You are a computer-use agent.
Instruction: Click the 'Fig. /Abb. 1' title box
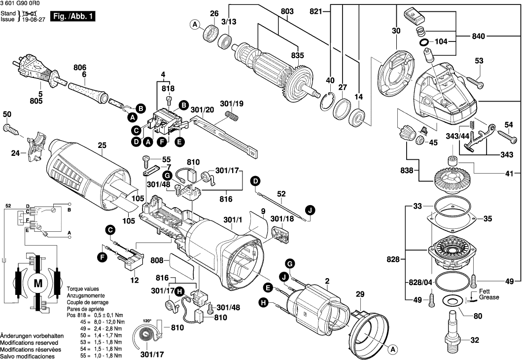coord(73,17)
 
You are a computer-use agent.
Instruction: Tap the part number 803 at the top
coord(287,11)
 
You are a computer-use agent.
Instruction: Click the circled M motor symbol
coord(38,284)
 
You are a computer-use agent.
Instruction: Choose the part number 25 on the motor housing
coord(102,145)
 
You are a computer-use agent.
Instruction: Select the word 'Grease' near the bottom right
coord(489,297)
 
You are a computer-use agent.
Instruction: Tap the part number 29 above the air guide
coord(360,294)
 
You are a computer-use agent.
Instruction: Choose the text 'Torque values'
coord(82,288)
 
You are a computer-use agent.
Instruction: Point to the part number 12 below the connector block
coord(135,280)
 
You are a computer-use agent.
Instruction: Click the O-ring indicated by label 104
coord(425,43)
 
